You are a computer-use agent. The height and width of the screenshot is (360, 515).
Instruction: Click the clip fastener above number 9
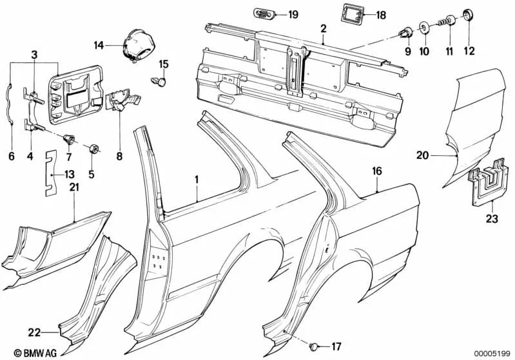coord(406,30)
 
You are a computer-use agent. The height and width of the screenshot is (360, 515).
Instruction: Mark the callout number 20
coord(422,155)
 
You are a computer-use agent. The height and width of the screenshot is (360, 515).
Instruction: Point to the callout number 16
coord(377,172)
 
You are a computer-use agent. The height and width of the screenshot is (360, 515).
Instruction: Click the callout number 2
coord(323,28)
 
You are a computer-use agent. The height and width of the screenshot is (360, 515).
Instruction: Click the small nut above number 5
coord(95,149)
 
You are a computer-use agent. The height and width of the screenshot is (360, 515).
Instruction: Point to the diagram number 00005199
coord(492,353)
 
